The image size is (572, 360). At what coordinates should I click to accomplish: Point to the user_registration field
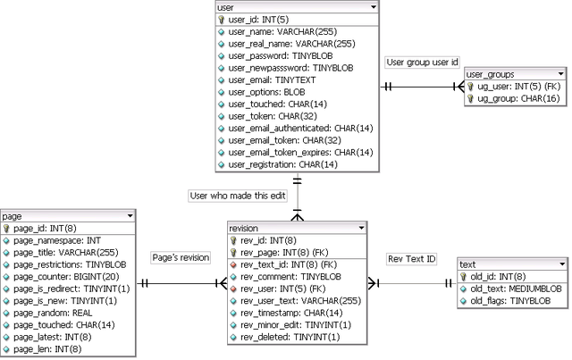coord(276,164)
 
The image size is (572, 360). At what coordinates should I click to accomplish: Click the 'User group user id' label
coord(423,63)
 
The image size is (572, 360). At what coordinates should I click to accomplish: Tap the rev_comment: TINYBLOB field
coord(285,277)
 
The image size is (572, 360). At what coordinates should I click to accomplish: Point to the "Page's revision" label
coord(181,257)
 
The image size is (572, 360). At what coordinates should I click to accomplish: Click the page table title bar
coord(68,216)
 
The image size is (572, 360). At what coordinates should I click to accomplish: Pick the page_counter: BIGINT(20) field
coord(68,277)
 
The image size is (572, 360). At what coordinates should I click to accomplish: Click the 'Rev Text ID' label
coord(412,259)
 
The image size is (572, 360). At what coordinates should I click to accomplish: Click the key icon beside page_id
coord(7,229)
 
